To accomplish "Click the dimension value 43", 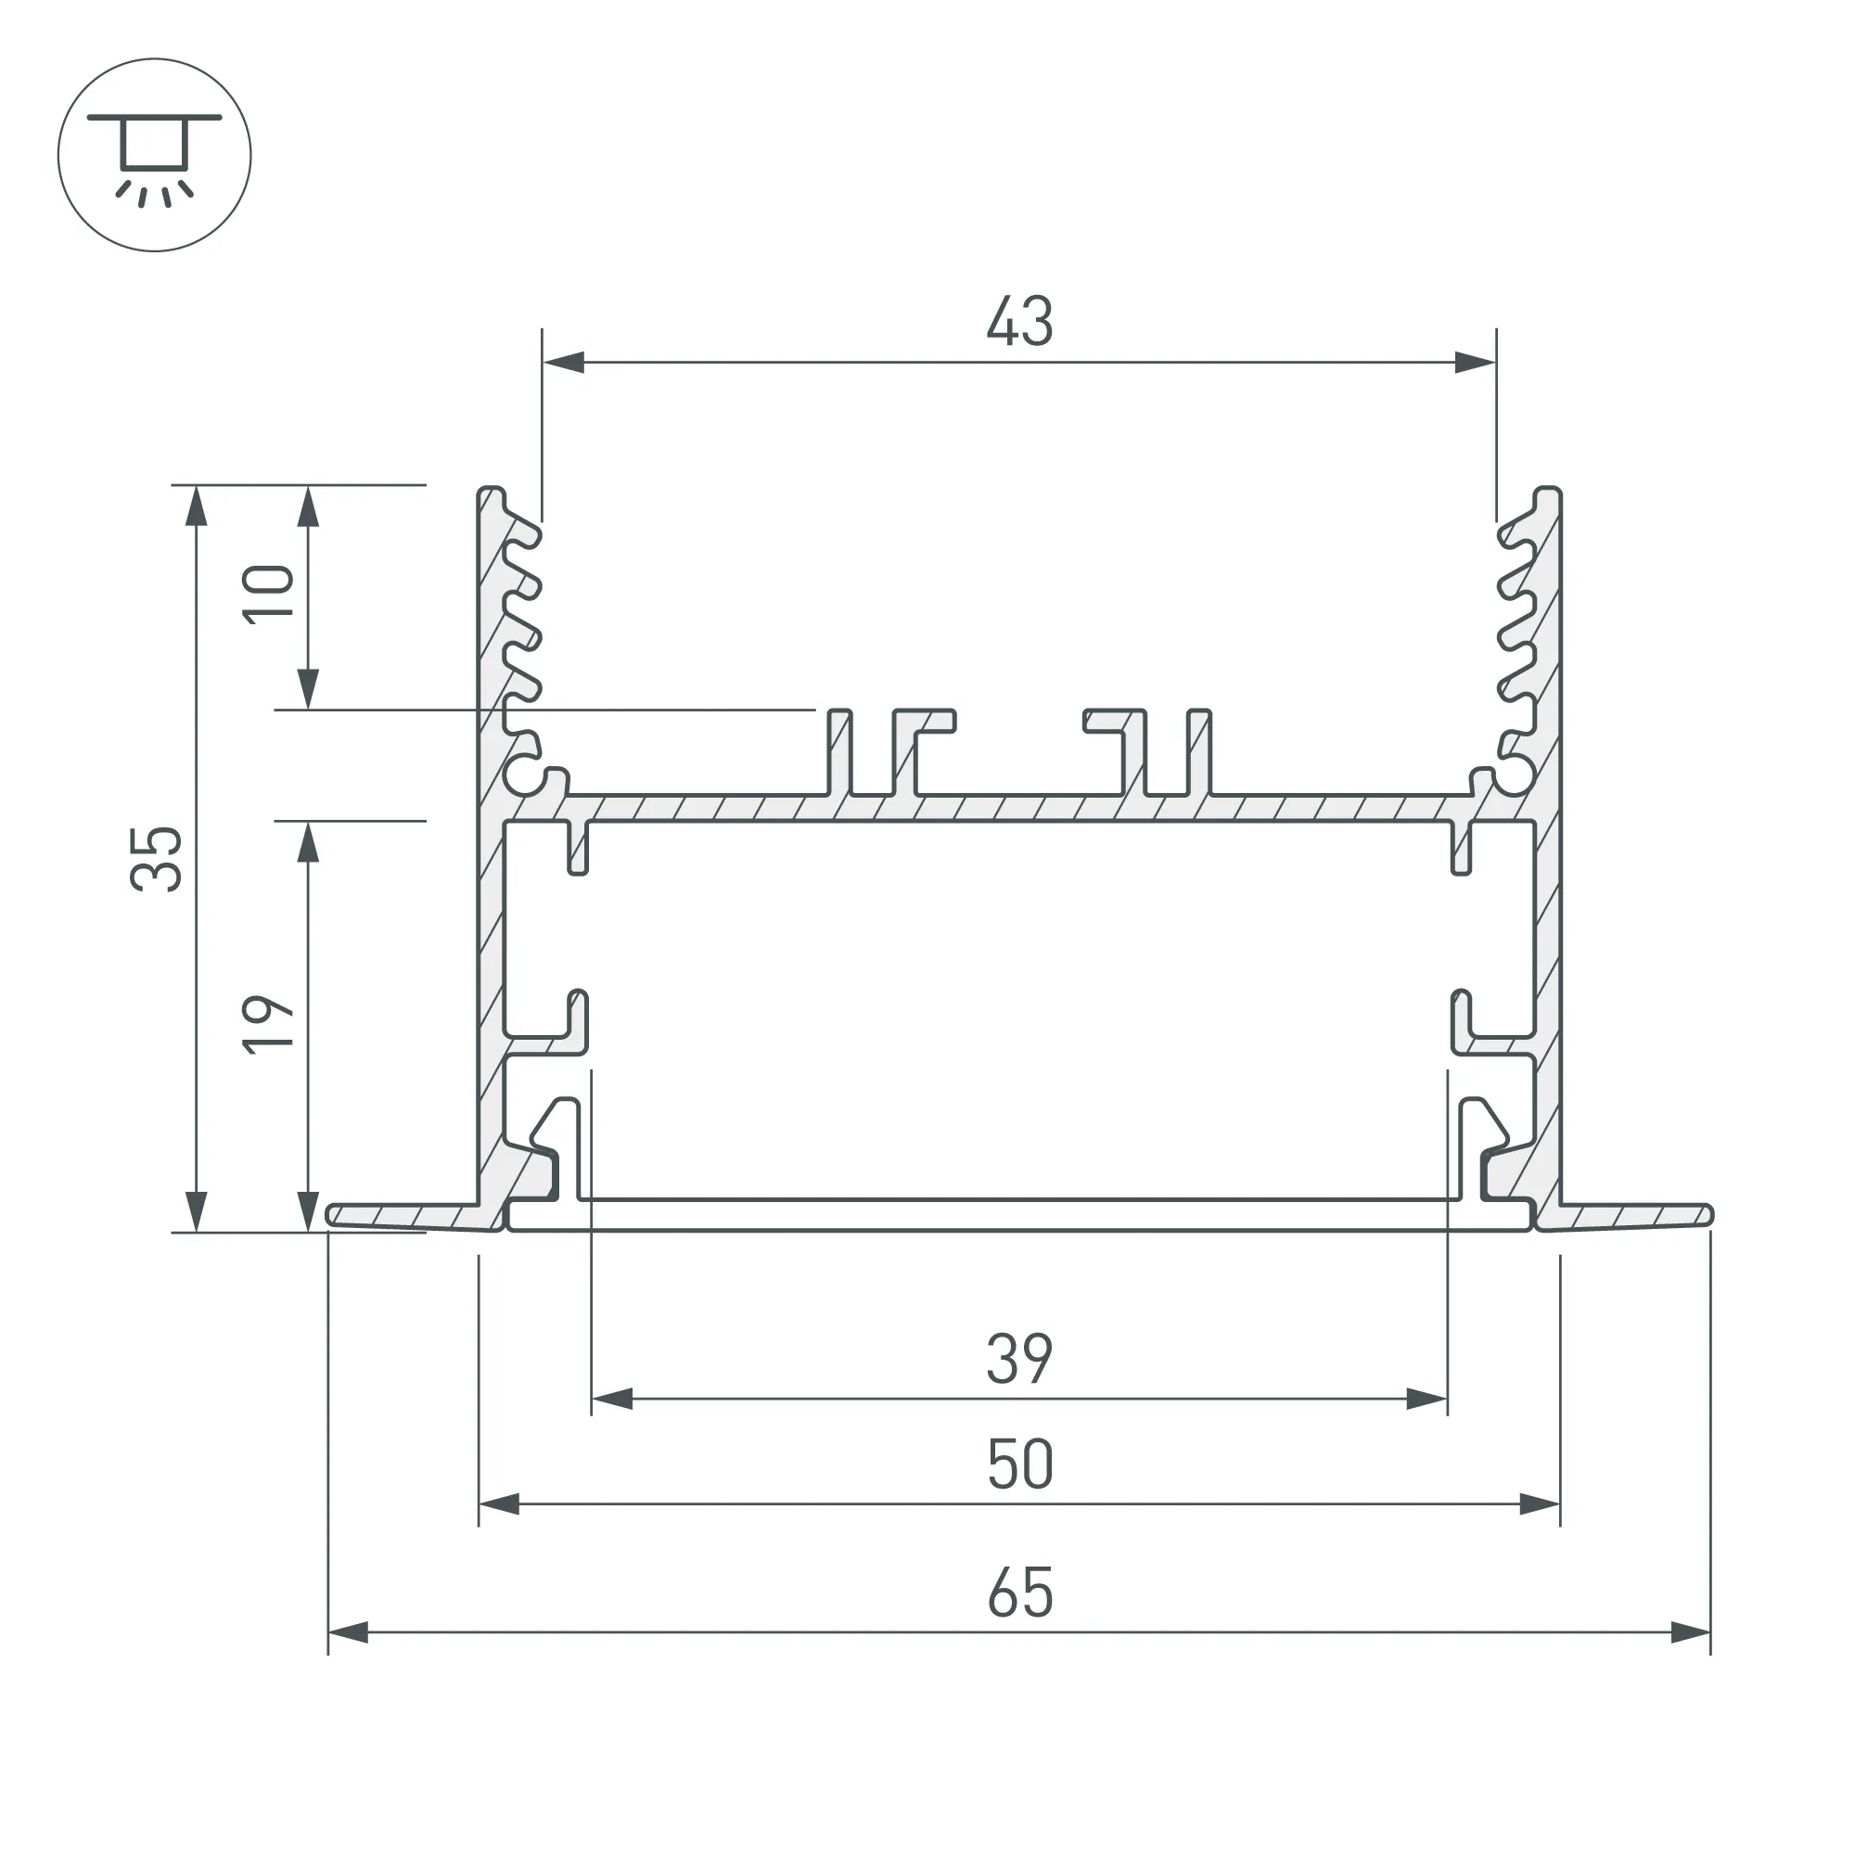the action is pos(1019,322).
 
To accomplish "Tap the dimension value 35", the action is pos(157,860).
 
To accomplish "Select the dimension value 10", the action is pos(268,595).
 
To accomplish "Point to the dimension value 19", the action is pos(268,1026).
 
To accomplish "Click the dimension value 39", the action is pos(1019,1360).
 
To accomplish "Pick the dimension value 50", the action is pos(1019,1465).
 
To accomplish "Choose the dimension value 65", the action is pos(1019,1593).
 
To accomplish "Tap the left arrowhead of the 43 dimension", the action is pos(564,363).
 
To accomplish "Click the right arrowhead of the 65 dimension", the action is pos(1690,1632).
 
